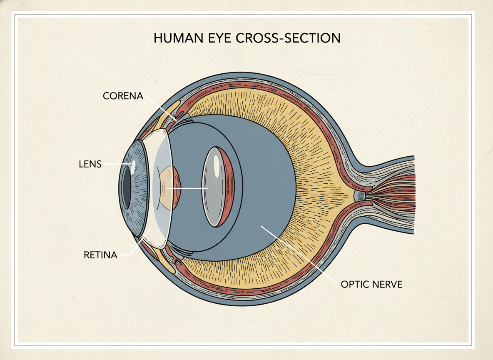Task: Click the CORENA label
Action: coord(123,96)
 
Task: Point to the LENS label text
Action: coord(90,164)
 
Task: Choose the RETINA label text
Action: coord(100,255)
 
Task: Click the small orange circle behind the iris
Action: coord(170,187)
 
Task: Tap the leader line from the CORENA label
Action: coord(160,108)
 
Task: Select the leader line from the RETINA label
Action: coord(137,244)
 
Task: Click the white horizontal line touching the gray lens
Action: coord(187,188)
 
